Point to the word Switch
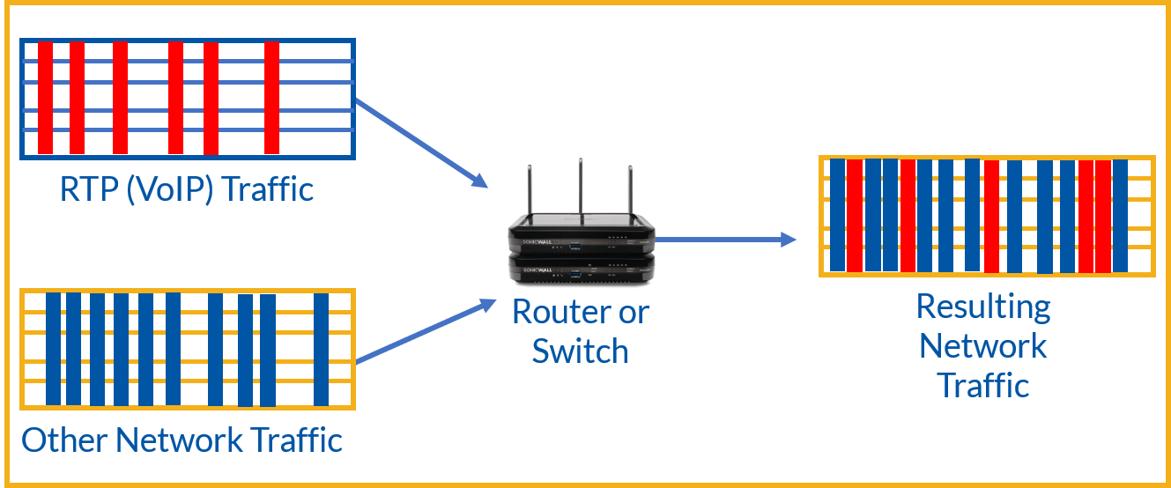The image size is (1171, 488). [580, 351]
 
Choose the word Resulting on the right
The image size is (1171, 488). [983, 307]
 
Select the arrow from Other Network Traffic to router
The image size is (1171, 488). [423, 331]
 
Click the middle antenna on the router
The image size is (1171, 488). [580, 189]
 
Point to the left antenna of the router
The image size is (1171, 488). [530, 194]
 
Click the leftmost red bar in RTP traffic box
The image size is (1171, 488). [45, 98]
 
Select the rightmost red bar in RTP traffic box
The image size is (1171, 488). [271, 98]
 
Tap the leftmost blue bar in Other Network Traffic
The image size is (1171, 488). [54, 349]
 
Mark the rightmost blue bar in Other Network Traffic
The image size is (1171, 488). [321, 349]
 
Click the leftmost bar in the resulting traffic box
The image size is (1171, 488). [837, 216]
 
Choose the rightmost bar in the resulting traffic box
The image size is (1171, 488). [1120, 216]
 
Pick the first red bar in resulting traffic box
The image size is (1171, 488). [854, 216]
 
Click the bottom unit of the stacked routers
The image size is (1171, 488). [582, 270]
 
